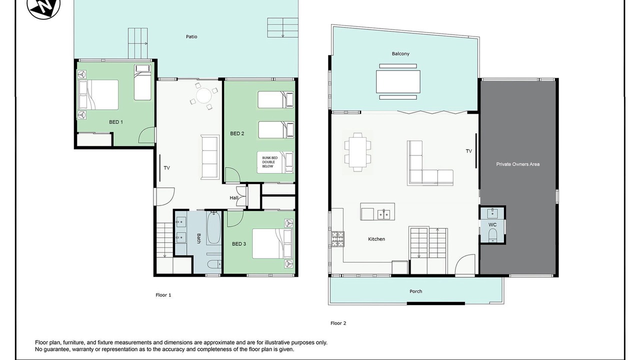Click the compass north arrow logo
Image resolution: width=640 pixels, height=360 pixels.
(43, 6)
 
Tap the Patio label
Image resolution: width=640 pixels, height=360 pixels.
(191, 36)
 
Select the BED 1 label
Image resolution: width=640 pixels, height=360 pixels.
(116, 122)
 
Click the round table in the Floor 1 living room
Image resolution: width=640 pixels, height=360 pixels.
(203, 96)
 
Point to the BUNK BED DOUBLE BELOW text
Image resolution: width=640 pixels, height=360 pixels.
(269, 162)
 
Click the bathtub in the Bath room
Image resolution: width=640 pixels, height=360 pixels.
(213, 227)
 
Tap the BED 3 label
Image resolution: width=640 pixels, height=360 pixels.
(239, 243)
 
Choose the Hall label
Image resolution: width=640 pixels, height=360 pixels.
(233, 197)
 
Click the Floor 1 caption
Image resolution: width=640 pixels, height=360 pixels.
(163, 295)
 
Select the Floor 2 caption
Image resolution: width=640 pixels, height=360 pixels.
(338, 323)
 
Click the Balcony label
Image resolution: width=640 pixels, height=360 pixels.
(400, 53)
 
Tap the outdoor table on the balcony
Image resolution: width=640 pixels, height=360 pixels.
(398, 81)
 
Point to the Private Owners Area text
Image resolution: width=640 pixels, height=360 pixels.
(517, 164)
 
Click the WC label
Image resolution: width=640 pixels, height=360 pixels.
(492, 224)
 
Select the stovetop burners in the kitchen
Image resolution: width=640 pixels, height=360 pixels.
(337, 239)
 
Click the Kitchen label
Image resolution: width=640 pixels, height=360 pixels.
(376, 239)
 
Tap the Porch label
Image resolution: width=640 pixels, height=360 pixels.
(415, 291)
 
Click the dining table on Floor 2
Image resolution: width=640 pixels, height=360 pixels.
(357, 152)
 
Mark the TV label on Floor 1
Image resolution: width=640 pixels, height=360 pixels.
(167, 168)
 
